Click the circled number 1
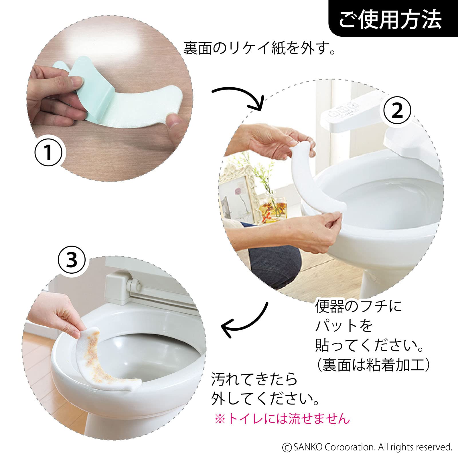click(x=48, y=152)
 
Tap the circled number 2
click(x=397, y=110)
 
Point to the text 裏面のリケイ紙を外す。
click(x=259, y=48)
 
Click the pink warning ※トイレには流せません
click(x=282, y=419)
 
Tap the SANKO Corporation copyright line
click(x=367, y=447)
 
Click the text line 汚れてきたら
click(x=254, y=379)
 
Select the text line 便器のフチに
click(x=358, y=306)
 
